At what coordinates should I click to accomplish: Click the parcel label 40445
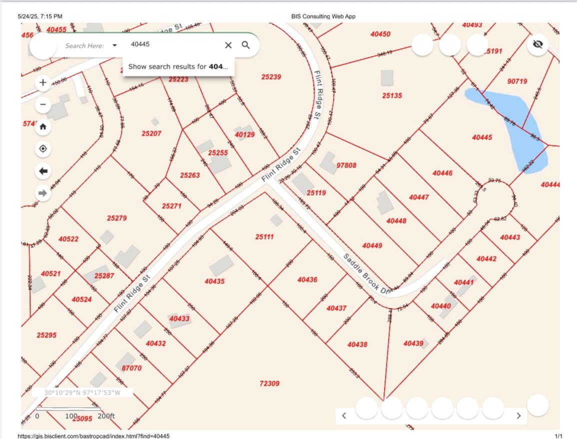coord(482,137)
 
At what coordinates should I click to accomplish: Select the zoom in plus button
coord(43,82)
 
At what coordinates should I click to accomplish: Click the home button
coord(43,126)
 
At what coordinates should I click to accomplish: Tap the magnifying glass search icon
coord(245,45)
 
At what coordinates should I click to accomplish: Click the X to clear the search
coord(228,45)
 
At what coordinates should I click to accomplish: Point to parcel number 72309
coord(269,383)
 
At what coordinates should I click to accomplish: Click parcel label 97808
coord(346,165)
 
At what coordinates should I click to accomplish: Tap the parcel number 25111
coord(264,236)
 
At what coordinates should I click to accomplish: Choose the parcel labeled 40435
coord(214,281)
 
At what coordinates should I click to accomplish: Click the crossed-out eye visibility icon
coord(537,44)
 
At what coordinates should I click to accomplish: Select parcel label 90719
coord(517,81)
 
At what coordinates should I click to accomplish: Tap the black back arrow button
coord(43,171)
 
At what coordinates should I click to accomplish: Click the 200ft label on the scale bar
coord(106,416)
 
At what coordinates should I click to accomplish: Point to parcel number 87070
coord(131,368)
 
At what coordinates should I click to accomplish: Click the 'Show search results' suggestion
coord(178,66)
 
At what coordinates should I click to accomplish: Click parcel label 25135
coord(392,95)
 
